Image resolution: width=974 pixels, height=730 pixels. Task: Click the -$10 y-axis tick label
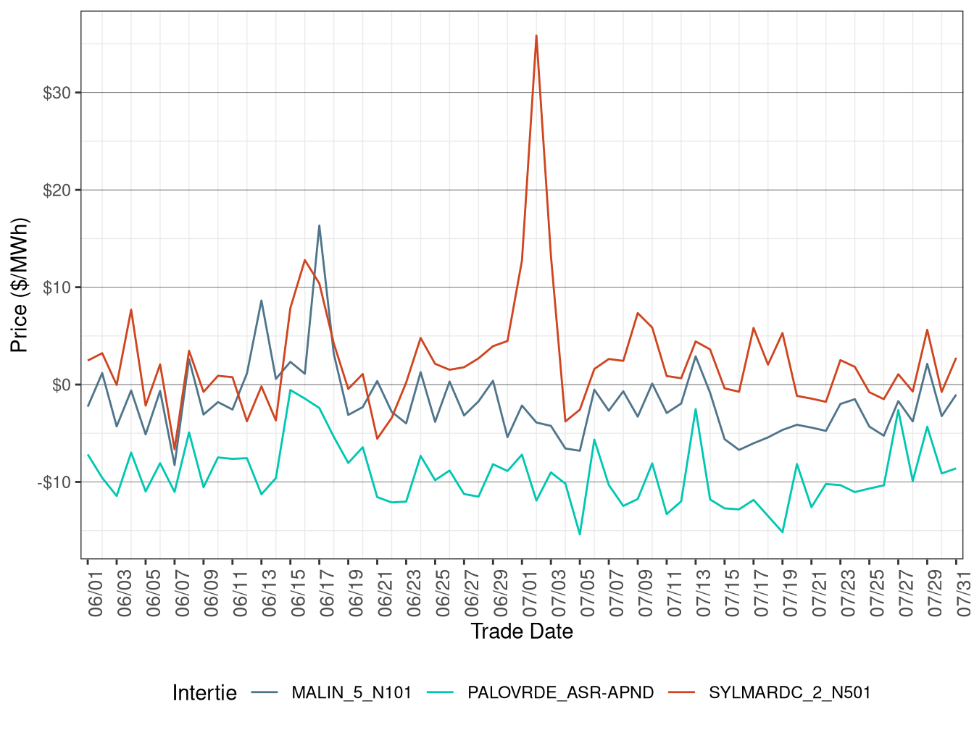coord(54,482)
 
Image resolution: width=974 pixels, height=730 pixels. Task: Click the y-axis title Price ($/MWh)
coord(20,285)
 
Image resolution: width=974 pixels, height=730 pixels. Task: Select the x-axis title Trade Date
coord(522,632)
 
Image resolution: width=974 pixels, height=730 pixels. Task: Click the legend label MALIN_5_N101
coord(351,693)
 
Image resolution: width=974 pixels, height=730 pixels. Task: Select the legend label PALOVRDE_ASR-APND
coord(560,693)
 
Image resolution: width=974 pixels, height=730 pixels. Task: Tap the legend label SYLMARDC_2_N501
coord(789,693)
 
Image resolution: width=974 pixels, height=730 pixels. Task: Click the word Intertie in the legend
coord(204,693)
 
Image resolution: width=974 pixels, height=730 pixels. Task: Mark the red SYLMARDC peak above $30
coord(536,35)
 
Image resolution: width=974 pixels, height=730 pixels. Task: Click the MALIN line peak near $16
coord(319,225)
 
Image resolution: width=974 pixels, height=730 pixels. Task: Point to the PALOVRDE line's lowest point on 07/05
coord(580,534)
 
